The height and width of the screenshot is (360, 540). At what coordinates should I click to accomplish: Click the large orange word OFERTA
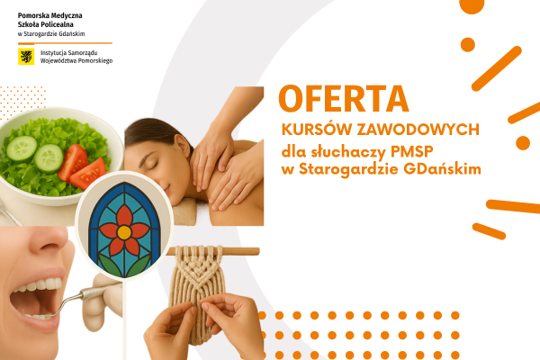[343, 100]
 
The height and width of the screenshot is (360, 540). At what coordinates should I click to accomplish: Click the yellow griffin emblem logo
[26, 57]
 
